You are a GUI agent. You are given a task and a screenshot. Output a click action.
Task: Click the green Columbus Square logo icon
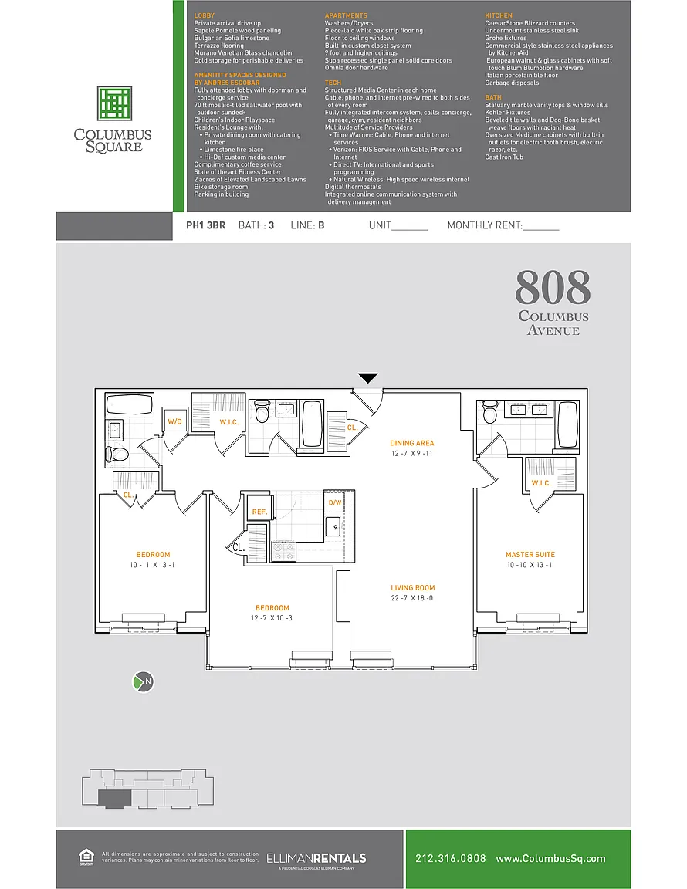pyautogui.click(x=114, y=103)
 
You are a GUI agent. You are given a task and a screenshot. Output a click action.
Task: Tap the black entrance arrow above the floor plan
pyautogui.click(x=368, y=378)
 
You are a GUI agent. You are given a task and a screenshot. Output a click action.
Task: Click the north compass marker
pyautogui.click(x=144, y=681)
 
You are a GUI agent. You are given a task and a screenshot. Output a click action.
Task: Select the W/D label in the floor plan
pyautogui.click(x=174, y=422)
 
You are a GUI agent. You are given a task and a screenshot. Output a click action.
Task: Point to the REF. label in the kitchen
pyautogui.click(x=260, y=512)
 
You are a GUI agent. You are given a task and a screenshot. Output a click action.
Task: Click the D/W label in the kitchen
pyautogui.click(x=335, y=502)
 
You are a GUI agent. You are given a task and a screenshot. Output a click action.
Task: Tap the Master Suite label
pyautogui.click(x=530, y=555)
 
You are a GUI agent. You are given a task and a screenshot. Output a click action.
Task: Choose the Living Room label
pyautogui.click(x=412, y=588)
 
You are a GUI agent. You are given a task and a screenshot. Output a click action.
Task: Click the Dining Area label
pyautogui.click(x=412, y=444)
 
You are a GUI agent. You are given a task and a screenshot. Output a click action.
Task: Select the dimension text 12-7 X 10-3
pyautogui.click(x=272, y=618)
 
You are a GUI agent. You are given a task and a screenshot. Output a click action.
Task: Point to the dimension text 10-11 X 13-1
pyautogui.click(x=152, y=565)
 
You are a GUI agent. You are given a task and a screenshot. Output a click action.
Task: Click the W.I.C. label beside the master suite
pyautogui.click(x=540, y=483)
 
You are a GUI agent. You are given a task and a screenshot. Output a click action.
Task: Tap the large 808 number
pyautogui.click(x=553, y=287)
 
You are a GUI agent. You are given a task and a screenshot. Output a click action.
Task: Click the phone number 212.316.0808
pyautogui.click(x=451, y=858)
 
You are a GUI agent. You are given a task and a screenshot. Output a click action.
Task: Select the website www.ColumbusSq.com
pyautogui.click(x=551, y=859)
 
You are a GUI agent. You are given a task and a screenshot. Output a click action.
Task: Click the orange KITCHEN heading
pyautogui.click(x=499, y=16)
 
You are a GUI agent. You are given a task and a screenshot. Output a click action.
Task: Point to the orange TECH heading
pyautogui.click(x=333, y=83)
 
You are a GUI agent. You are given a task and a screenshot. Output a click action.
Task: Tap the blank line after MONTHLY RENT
pyautogui.click(x=541, y=230)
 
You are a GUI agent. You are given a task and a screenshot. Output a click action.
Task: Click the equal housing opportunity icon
pyautogui.click(x=86, y=857)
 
